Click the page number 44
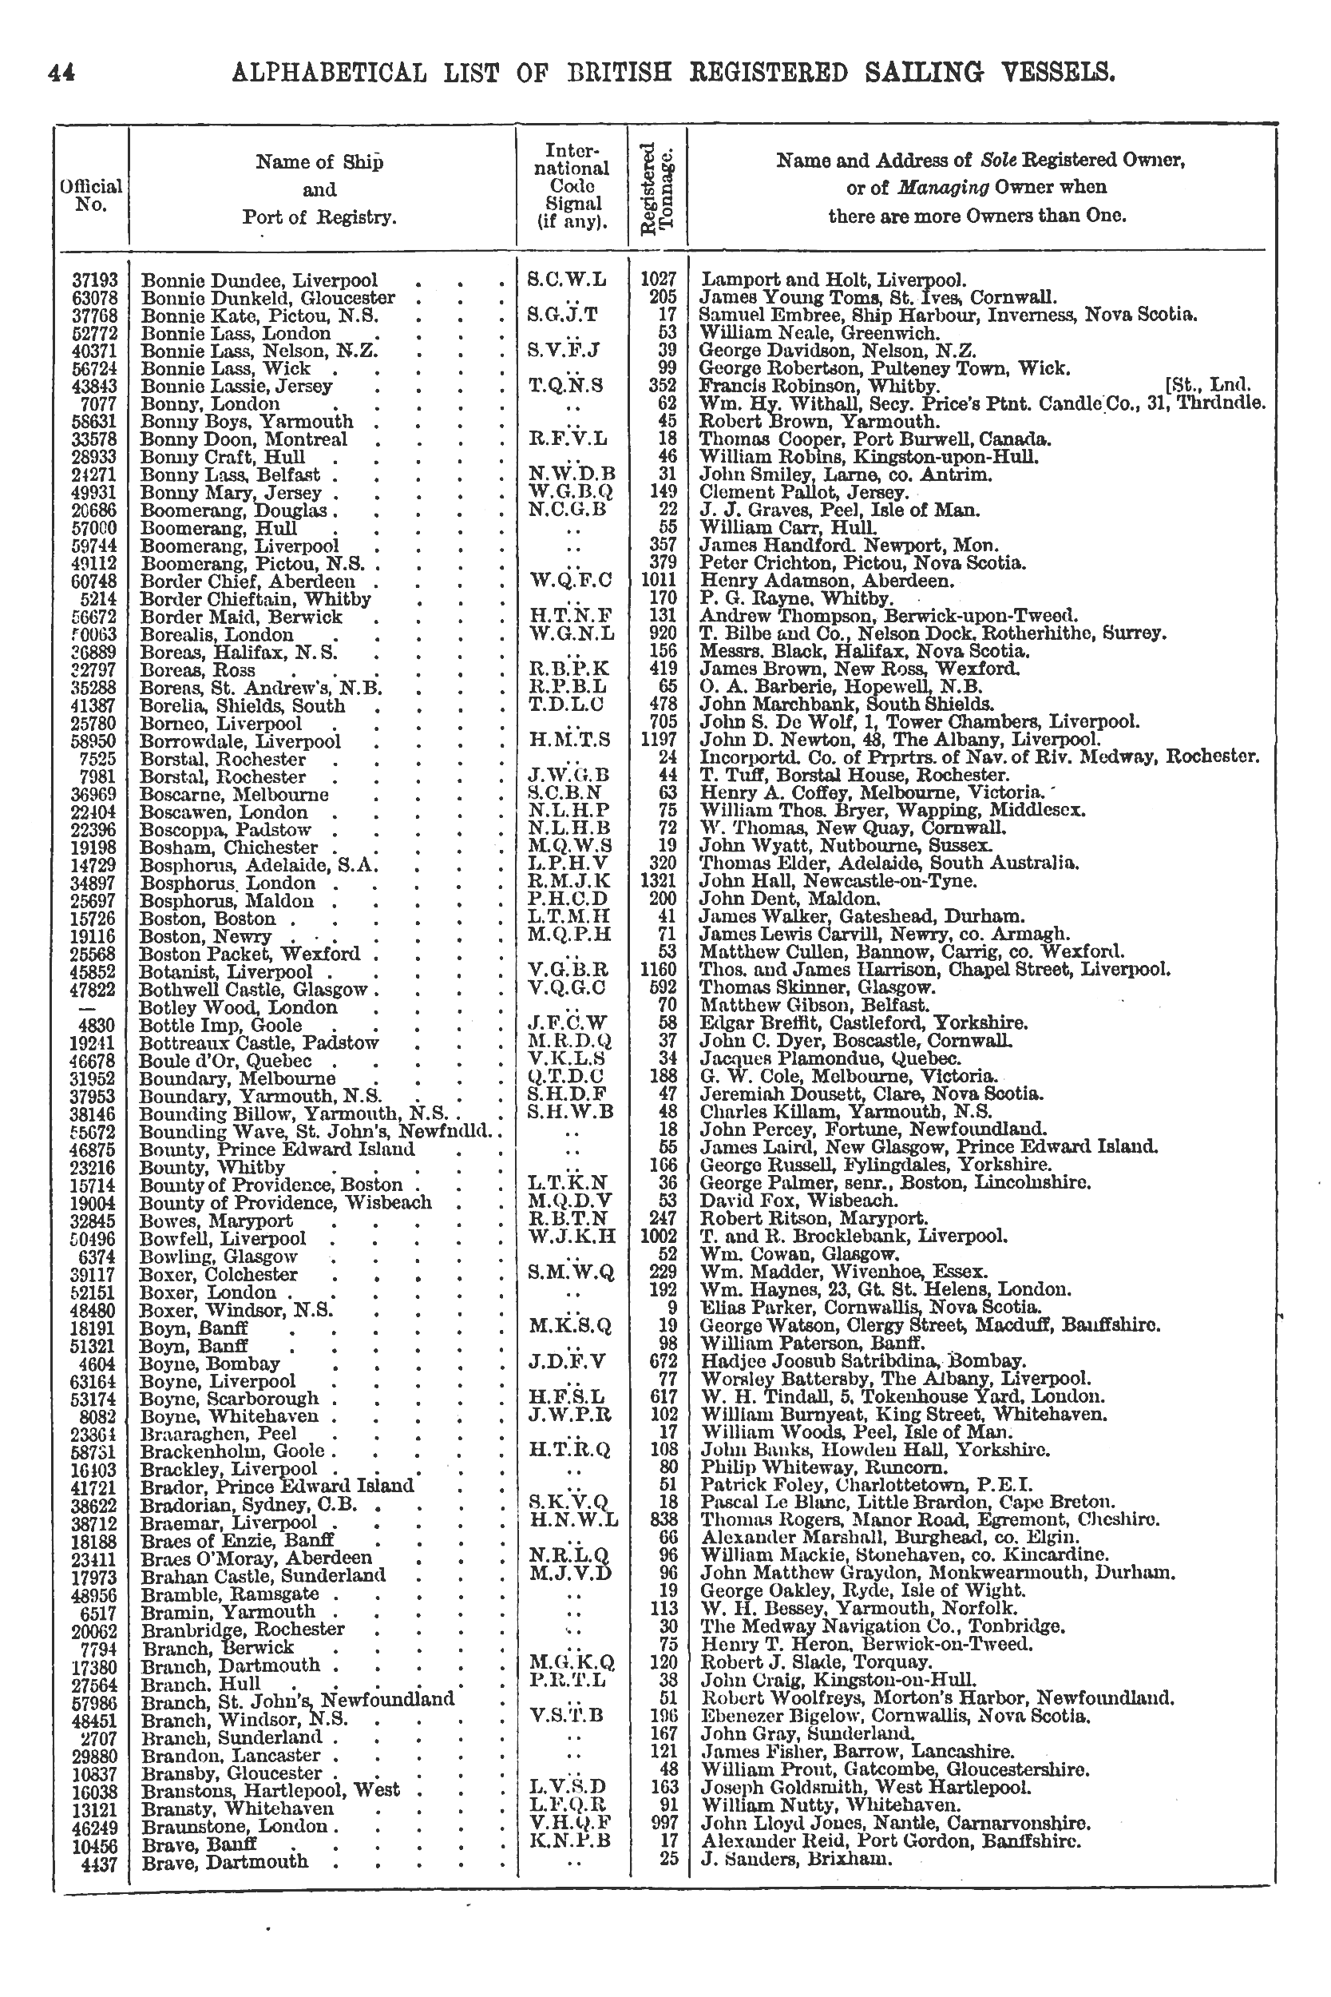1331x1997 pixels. tap(62, 73)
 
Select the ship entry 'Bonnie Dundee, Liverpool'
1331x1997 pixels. tap(259, 280)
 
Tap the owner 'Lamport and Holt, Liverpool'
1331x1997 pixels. tap(833, 280)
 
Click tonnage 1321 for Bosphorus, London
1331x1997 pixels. tap(658, 881)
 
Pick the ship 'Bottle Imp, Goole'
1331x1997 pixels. tap(220, 1026)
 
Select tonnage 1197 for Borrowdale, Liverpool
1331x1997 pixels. tap(658, 740)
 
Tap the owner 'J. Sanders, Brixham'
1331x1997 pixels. tap(796, 1859)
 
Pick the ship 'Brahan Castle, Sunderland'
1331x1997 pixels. tap(263, 1575)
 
